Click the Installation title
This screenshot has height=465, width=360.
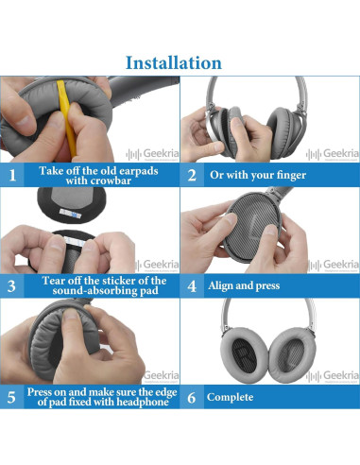(174, 62)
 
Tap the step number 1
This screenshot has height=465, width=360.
(12, 175)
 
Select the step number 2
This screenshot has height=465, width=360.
(192, 175)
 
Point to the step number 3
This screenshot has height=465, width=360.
(11, 286)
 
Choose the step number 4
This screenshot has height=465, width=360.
(192, 286)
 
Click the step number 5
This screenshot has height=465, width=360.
(11, 397)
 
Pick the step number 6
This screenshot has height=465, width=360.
(192, 397)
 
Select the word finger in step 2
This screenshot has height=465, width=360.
(290, 176)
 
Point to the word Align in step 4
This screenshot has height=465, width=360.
(220, 285)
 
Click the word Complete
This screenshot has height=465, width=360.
(230, 397)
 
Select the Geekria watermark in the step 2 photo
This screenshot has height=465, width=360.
(332, 154)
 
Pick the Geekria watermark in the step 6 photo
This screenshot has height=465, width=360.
(332, 376)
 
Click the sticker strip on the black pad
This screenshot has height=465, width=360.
(71, 214)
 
